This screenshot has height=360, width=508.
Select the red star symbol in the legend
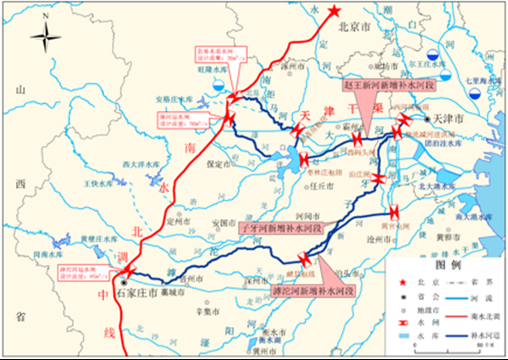(402, 280)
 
